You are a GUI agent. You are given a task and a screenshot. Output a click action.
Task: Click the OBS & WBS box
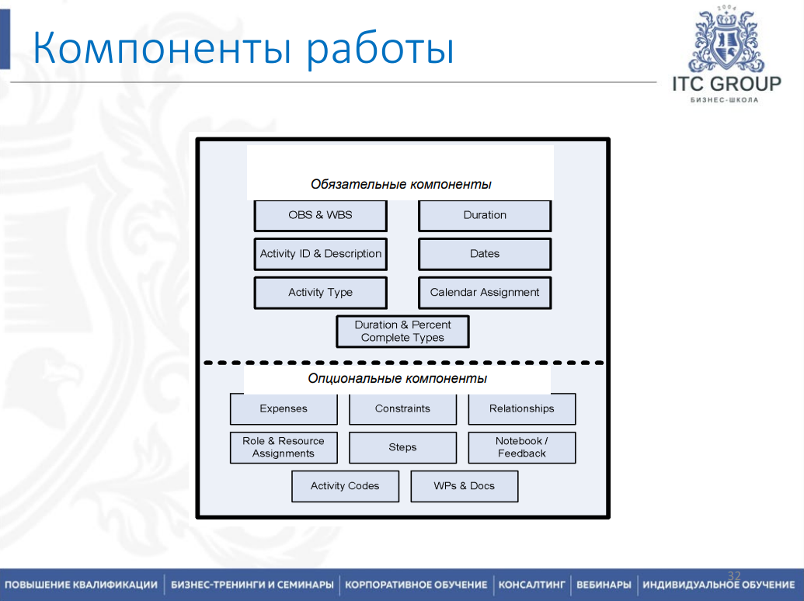click(320, 215)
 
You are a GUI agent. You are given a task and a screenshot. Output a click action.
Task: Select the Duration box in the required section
click(485, 215)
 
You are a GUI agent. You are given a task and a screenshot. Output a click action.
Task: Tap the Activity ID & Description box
click(320, 254)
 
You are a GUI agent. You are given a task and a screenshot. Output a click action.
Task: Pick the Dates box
click(485, 254)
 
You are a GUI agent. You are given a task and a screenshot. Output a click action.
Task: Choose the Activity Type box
click(320, 293)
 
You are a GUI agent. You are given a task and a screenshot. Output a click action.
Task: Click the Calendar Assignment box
click(485, 293)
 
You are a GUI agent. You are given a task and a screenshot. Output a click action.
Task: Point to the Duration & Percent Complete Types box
click(402, 332)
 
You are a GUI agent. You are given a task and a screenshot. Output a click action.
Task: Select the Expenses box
click(284, 408)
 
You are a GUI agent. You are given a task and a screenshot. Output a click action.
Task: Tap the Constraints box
click(402, 408)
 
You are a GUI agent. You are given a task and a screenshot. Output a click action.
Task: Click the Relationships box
click(522, 408)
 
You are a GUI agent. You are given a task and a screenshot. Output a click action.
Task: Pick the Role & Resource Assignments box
click(284, 447)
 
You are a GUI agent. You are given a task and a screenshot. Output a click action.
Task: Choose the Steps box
click(402, 447)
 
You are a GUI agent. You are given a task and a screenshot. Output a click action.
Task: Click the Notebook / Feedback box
click(522, 447)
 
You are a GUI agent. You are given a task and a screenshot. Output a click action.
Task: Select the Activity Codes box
click(345, 486)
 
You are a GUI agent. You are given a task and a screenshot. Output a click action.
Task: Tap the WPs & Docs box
click(464, 486)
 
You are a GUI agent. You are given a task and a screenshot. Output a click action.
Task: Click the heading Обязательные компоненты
click(401, 185)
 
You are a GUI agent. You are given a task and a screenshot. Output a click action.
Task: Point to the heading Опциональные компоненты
click(397, 379)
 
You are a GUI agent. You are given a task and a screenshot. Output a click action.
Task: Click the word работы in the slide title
click(378, 48)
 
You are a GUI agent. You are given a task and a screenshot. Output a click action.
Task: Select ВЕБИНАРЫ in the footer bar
click(604, 585)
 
